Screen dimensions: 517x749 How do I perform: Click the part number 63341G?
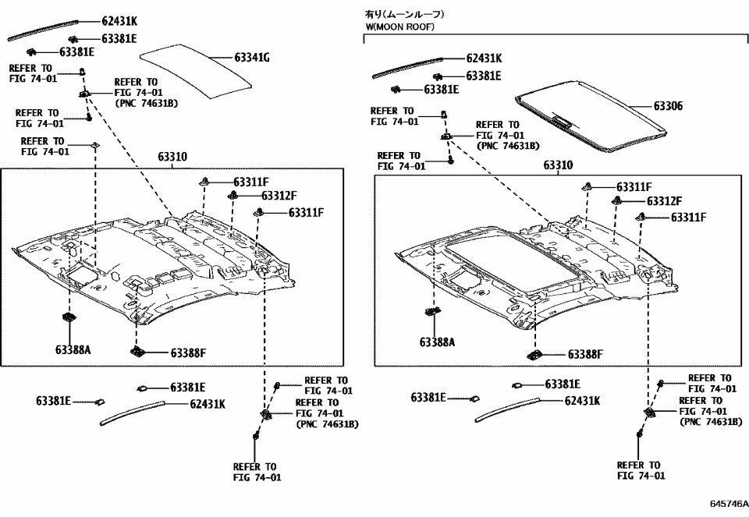coord(252,58)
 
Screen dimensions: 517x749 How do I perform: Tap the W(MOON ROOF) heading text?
coord(400,27)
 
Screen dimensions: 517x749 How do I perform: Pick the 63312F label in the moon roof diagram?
coord(664,201)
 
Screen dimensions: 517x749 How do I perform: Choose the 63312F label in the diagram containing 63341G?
coord(279,196)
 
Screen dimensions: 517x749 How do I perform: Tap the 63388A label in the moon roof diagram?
coord(438,342)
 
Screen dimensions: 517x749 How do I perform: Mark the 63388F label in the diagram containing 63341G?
coord(188,353)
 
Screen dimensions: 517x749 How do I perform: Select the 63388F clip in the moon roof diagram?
coord(536,354)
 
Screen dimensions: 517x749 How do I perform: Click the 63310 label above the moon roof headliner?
coord(558,166)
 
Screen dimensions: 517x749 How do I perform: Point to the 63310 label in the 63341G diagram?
coord(172,157)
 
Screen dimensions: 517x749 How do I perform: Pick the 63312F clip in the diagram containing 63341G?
coord(233,195)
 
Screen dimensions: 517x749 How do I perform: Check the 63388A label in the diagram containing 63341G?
coord(73,350)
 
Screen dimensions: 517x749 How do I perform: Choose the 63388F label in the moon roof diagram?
coord(585,354)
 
